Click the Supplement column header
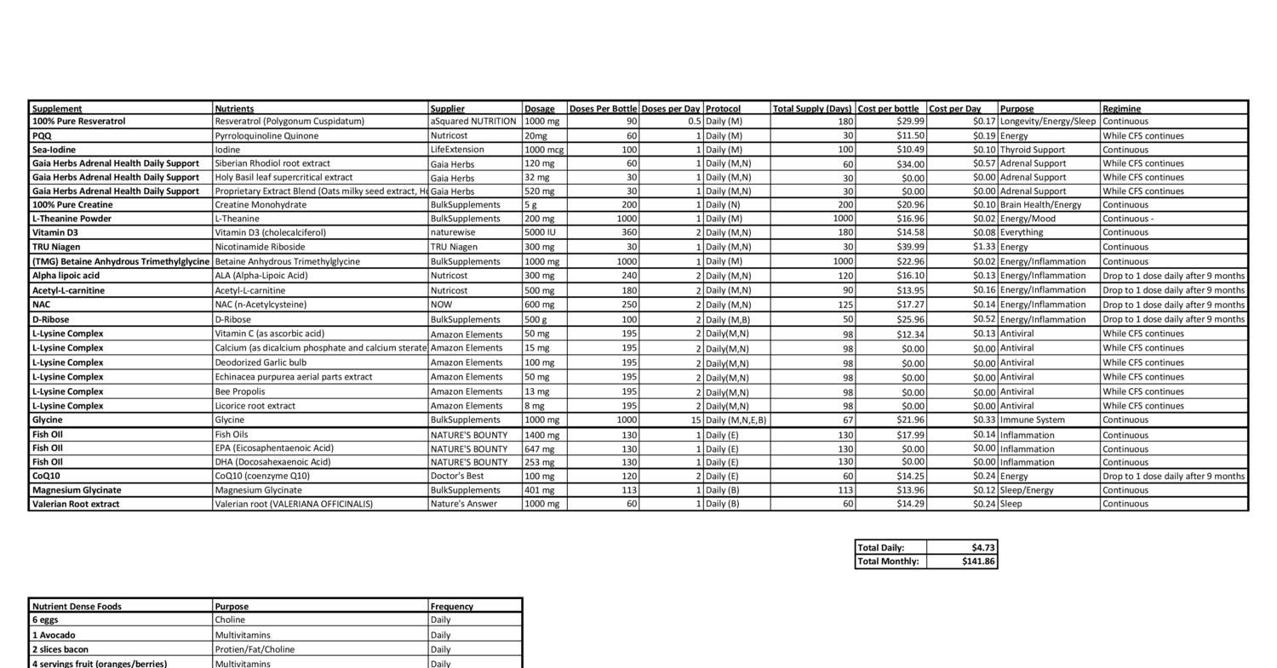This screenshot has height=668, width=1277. tap(57, 109)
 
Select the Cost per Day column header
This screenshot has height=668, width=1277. tap(954, 109)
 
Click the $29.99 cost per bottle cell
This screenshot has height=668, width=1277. tap(908, 122)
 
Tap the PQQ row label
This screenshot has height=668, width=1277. tap(43, 136)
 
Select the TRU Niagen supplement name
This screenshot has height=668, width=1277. tap(56, 247)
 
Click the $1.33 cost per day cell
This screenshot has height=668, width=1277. tap(983, 247)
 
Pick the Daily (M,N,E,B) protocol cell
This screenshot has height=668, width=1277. tap(736, 420)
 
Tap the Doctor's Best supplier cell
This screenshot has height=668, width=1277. tap(457, 477)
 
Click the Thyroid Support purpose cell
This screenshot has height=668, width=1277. tap(1033, 150)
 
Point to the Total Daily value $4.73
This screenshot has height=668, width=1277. tap(983, 548)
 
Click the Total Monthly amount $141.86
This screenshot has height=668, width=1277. tap(979, 562)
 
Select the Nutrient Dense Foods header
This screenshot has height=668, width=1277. tap(77, 607)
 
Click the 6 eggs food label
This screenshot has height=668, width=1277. tap(45, 620)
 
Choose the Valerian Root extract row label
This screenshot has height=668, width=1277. tap(76, 504)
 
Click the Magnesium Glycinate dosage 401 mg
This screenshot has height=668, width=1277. tap(539, 490)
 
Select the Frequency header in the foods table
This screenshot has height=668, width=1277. tap(451, 607)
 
